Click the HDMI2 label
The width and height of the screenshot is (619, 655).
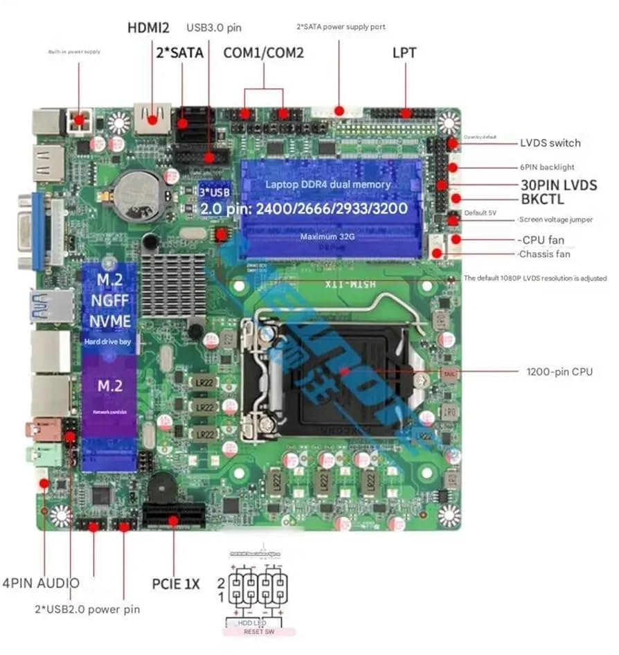point(149,28)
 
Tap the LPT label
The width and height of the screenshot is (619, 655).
point(404,53)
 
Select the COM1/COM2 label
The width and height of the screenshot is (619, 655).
point(263,53)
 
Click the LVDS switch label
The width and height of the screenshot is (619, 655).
point(550,143)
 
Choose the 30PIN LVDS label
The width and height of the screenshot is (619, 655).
point(559,185)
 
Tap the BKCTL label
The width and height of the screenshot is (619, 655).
point(542,199)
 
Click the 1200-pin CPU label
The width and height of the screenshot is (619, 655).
point(559,372)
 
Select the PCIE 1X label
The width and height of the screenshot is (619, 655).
point(175,584)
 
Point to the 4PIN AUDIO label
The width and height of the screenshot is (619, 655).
point(41,583)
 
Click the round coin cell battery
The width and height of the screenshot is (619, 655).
point(137,194)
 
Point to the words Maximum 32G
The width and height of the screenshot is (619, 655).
point(328,237)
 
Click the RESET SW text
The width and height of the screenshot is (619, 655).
point(260,631)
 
